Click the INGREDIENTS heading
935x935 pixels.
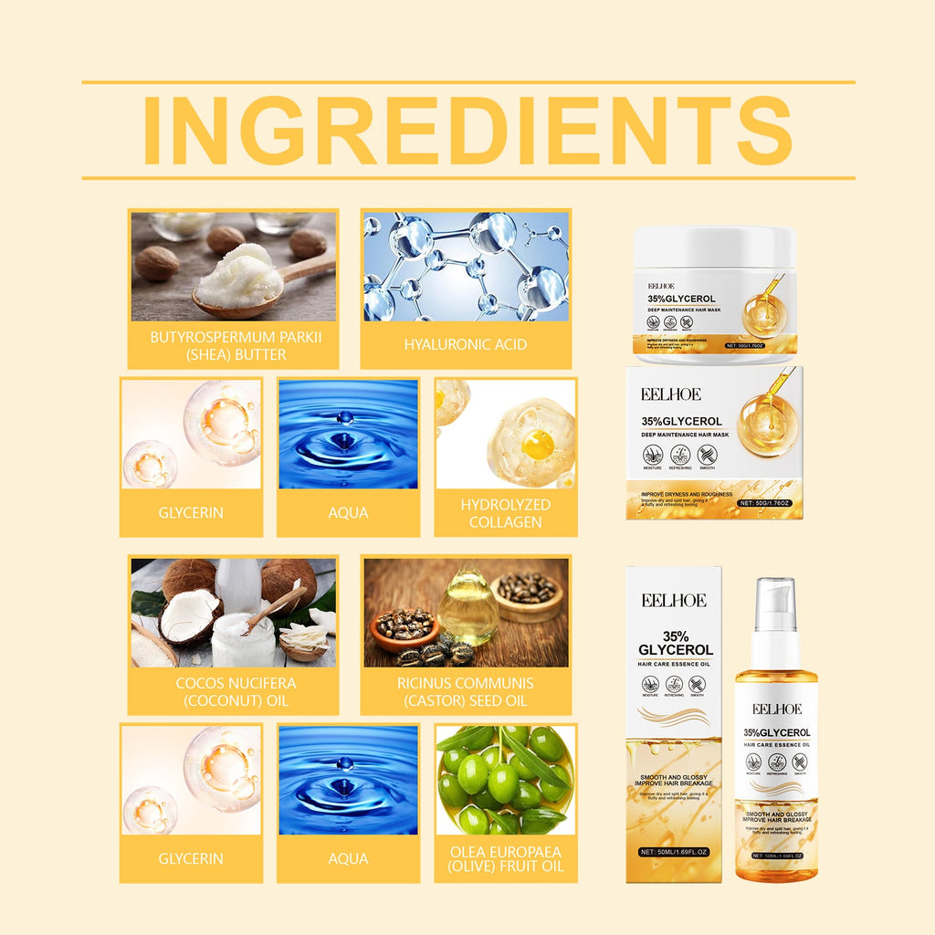click(x=467, y=130)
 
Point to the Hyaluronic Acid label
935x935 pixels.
click(x=466, y=345)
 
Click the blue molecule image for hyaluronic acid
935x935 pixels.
click(x=466, y=267)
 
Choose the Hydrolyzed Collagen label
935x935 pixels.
click(x=506, y=513)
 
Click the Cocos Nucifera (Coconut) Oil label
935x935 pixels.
click(x=236, y=691)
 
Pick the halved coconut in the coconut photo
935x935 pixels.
click(x=190, y=615)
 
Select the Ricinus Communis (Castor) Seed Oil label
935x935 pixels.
click(x=466, y=691)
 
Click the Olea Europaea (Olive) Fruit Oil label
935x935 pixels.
click(x=506, y=858)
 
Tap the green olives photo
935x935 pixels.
click(x=505, y=781)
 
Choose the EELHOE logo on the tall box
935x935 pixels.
click(x=672, y=600)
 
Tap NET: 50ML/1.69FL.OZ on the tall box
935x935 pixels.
click(x=673, y=851)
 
